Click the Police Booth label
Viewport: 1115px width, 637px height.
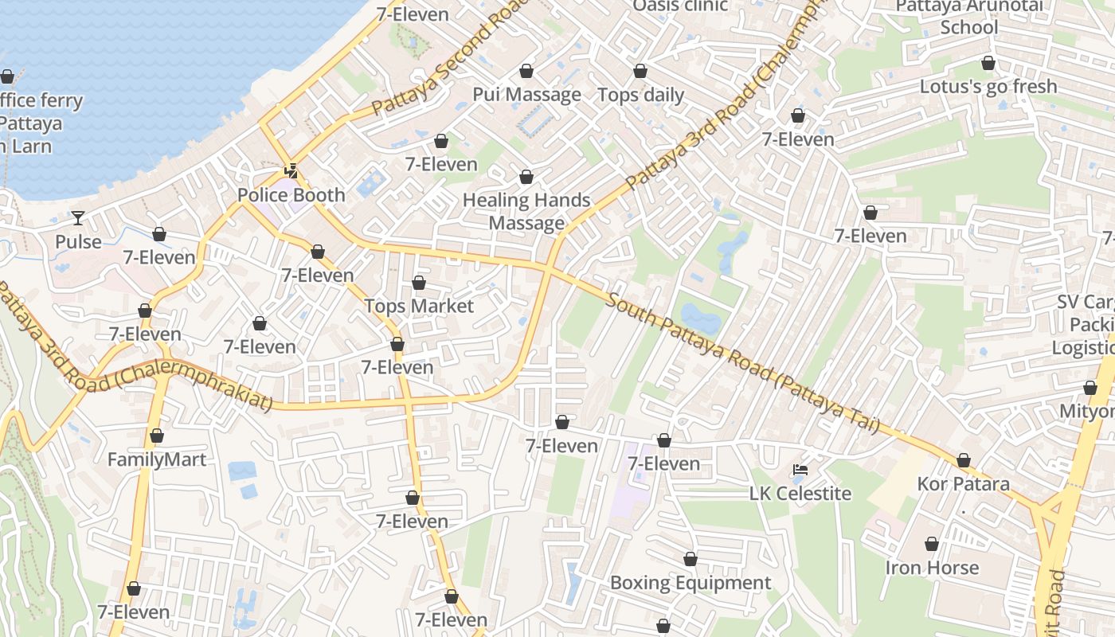click(x=291, y=195)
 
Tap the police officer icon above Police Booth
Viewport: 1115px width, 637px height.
click(x=291, y=170)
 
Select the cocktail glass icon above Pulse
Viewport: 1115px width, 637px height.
click(x=78, y=217)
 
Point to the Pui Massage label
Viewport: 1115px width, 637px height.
click(x=526, y=95)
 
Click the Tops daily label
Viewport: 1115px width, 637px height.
click(x=640, y=96)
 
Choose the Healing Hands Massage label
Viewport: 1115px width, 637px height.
click(x=526, y=212)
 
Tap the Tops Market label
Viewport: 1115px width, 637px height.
click(x=419, y=307)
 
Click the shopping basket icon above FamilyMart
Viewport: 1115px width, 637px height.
click(x=157, y=436)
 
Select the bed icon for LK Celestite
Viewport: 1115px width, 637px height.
click(x=800, y=470)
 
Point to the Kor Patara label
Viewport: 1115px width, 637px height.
click(x=963, y=484)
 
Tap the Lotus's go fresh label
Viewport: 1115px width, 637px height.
click(x=988, y=87)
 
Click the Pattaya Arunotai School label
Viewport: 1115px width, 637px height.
click(x=968, y=17)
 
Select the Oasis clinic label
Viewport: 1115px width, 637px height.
click(x=680, y=6)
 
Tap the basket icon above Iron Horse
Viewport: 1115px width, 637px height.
click(x=932, y=545)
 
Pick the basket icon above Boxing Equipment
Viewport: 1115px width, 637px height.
click(x=691, y=560)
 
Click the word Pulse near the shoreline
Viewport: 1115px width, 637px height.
click(x=78, y=242)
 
